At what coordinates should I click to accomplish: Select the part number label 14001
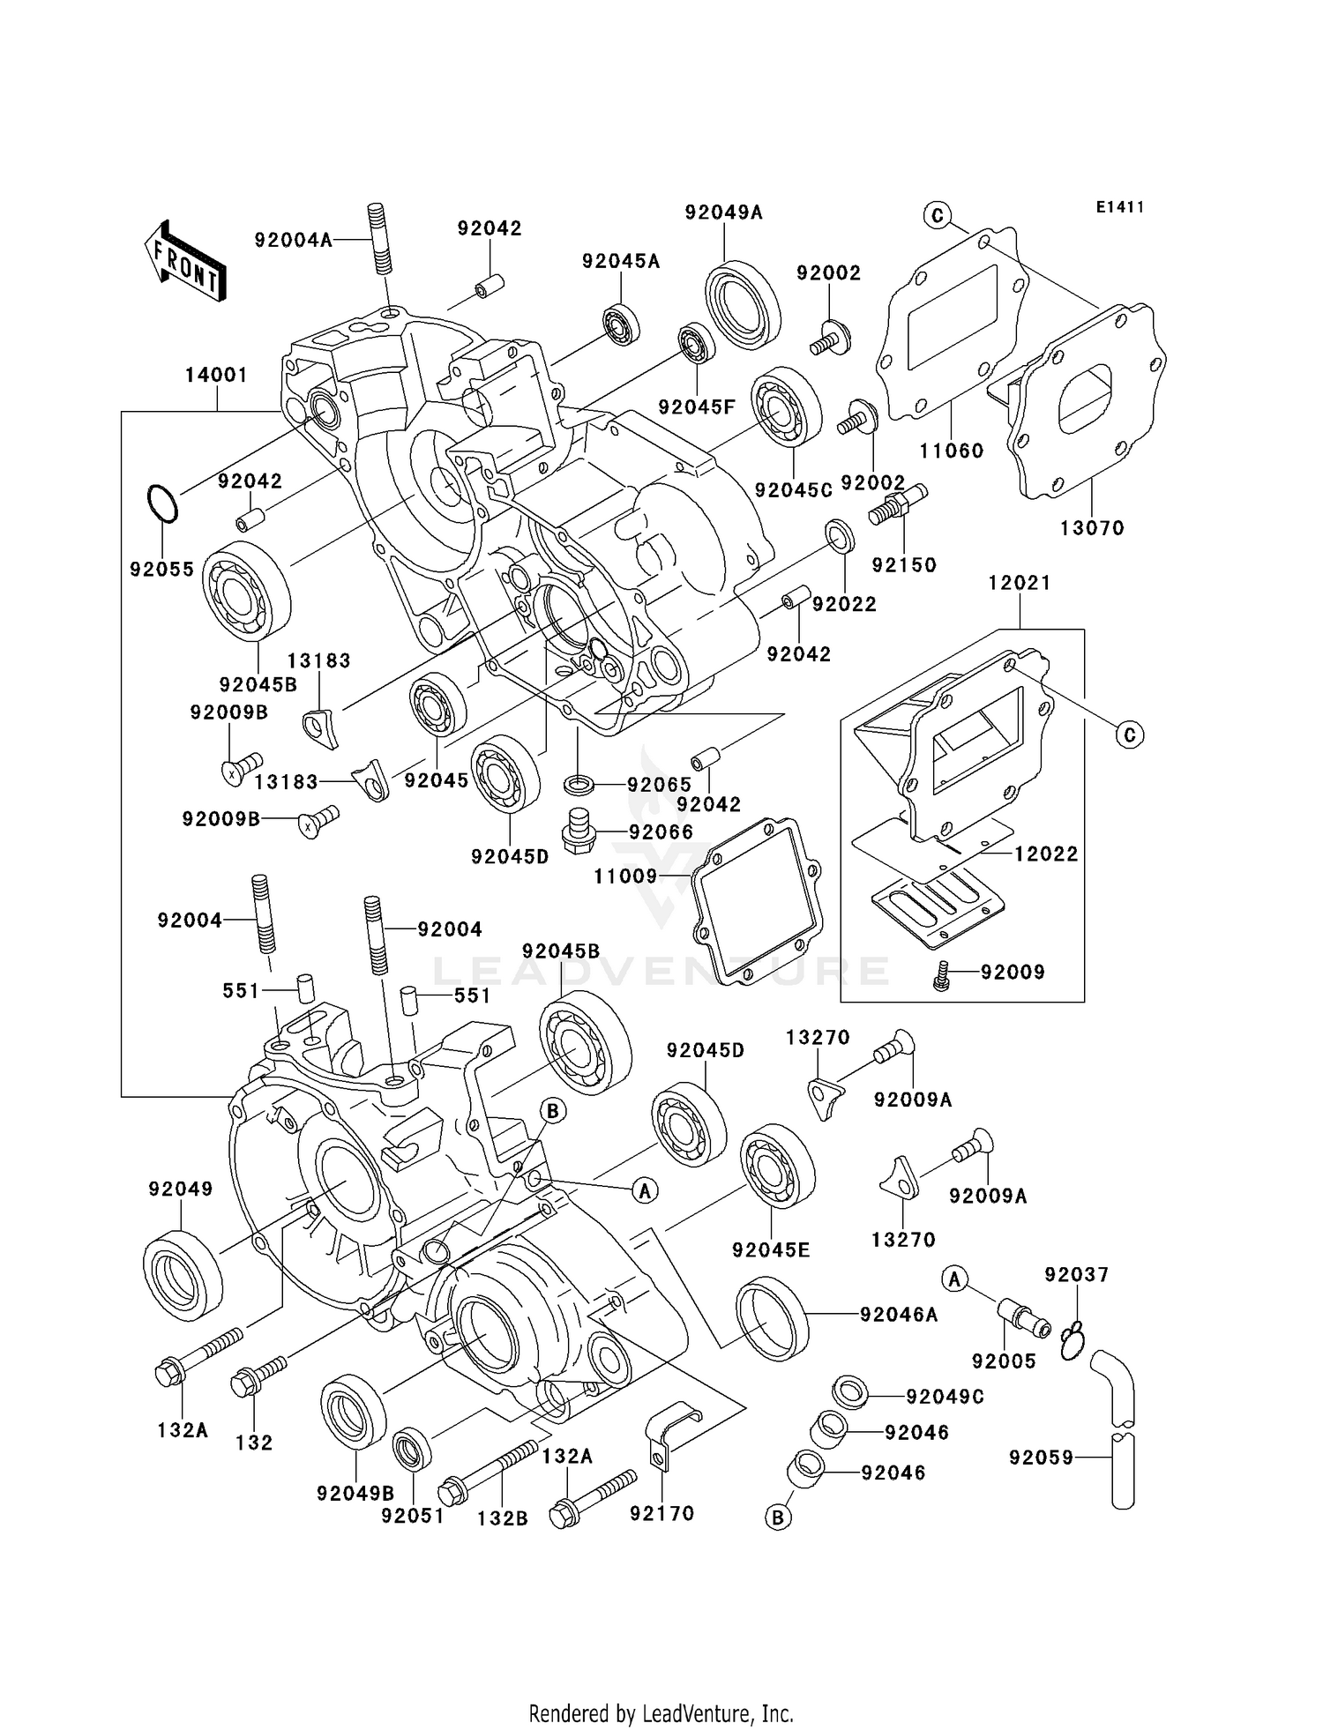pyautogui.click(x=216, y=375)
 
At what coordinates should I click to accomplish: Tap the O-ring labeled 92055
pyautogui.click(x=162, y=504)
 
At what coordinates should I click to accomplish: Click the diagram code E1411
pyautogui.click(x=1120, y=207)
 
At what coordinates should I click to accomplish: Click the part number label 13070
pyautogui.click(x=1092, y=528)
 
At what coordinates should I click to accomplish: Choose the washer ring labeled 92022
pyautogui.click(x=839, y=536)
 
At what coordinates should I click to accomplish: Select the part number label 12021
pyautogui.click(x=1019, y=583)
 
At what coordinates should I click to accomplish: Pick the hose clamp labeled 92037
pyautogui.click(x=1072, y=1341)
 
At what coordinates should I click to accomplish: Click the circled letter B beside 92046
pyautogui.click(x=778, y=1517)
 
